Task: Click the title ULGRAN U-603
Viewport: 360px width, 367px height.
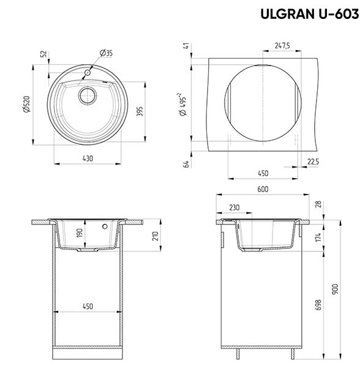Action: [310, 14]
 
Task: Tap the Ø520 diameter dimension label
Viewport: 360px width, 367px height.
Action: [26, 104]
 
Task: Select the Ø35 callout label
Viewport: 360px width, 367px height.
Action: [106, 53]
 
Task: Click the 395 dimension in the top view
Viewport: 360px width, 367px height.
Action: [140, 111]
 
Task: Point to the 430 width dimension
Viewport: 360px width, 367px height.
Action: [88, 158]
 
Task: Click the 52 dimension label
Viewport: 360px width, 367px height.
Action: [44, 54]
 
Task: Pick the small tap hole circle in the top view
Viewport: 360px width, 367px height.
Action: [88, 73]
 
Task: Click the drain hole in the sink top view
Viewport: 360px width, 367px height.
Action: [88, 96]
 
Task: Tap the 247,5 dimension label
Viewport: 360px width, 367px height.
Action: [282, 45]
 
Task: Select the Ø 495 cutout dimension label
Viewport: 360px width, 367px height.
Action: [182, 105]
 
